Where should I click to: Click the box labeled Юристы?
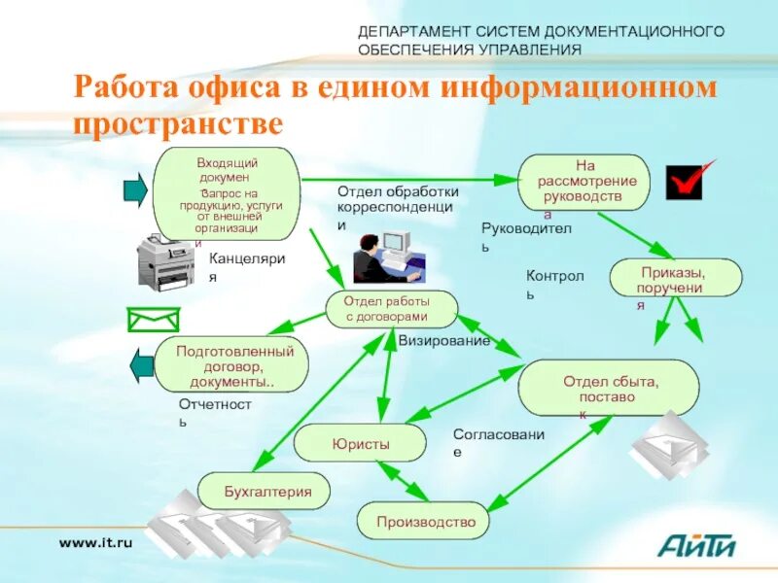pyautogui.click(x=360, y=443)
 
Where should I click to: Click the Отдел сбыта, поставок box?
pyautogui.click(x=609, y=389)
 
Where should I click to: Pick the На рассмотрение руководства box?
pyautogui.click(x=583, y=182)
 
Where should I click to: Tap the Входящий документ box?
pyautogui.click(x=226, y=194)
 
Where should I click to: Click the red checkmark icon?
pyautogui.click(x=689, y=181)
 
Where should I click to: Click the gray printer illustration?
pyautogui.click(x=165, y=264)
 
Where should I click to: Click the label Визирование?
pyautogui.click(x=444, y=341)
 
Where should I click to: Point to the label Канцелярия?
pyautogui.click(x=247, y=267)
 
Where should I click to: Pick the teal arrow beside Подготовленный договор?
pyautogui.click(x=143, y=364)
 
